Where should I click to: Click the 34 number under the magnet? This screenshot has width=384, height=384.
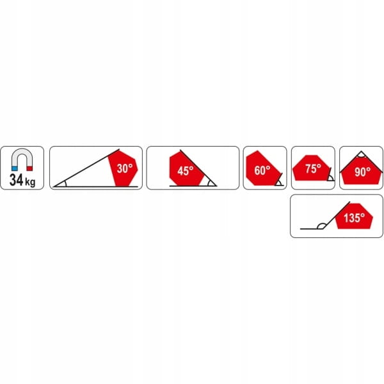click(16, 180)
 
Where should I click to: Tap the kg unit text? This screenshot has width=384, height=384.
click(30, 182)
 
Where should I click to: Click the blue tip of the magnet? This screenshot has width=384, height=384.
click(15, 168)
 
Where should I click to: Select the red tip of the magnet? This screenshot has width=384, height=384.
click(29, 168)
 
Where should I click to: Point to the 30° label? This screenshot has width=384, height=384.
click(125, 168)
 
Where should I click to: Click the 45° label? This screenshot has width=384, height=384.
click(186, 171)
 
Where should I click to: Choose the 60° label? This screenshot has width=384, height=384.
click(262, 170)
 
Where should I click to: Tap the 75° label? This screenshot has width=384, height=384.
click(313, 168)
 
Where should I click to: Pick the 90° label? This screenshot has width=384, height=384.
click(363, 172)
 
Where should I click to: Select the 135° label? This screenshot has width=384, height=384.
click(354, 218)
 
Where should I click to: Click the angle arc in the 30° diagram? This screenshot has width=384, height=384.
click(66, 184)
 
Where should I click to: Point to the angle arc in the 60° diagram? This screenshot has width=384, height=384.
click(278, 182)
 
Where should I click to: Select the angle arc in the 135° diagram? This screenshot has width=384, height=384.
click(321, 225)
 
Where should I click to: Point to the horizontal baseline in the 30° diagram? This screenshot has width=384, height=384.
click(96, 187)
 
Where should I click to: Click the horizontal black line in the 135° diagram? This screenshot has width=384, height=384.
click(312, 229)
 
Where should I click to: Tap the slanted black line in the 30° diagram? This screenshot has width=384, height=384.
click(86, 168)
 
